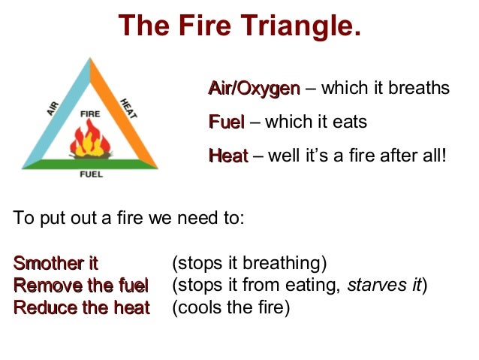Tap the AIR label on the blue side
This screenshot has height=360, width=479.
(x=53, y=108)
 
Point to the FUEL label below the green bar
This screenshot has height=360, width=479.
(x=91, y=174)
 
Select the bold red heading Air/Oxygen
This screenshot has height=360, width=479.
(x=254, y=89)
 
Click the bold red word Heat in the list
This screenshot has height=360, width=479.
(x=227, y=156)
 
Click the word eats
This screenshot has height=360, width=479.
(x=350, y=122)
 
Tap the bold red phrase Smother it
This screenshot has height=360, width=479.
(x=56, y=263)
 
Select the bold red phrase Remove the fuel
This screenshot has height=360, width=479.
(x=81, y=286)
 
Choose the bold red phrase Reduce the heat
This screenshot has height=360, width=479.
(x=81, y=307)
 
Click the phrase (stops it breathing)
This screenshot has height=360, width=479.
(x=249, y=263)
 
